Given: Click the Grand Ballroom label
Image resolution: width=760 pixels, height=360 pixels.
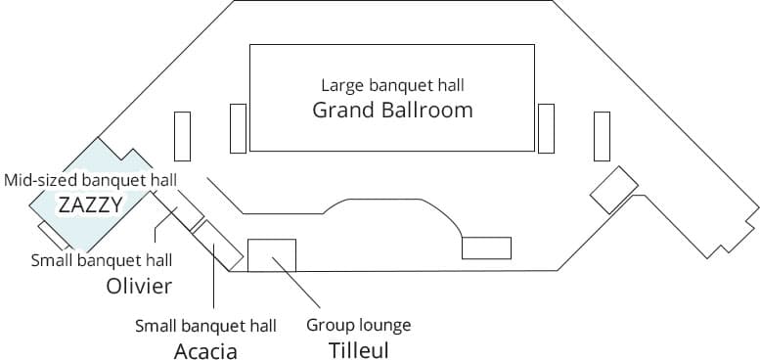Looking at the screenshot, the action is pyautogui.click(x=392, y=110).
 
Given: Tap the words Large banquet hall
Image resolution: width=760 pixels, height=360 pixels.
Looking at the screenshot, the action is pyautogui.click(x=391, y=85).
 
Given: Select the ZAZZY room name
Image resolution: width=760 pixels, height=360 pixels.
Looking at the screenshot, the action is pyautogui.click(x=90, y=204).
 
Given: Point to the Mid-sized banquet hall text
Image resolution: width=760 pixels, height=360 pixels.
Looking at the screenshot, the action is pyautogui.click(x=90, y=180).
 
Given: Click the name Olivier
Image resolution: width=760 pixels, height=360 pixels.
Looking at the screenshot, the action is pyautogui.click(x=139, y=286).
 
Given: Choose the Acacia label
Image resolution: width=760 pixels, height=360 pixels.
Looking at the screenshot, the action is pyautogui.click(x=205, y=350).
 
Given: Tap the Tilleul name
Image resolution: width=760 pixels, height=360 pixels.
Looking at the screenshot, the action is pyautogui.click(x=358, y=348).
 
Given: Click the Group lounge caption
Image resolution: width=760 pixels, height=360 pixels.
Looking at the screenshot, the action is pyautogui.click(x=358, y=325).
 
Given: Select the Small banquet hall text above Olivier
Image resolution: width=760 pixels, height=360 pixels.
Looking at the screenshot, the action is pyautogui.click(x=102, y=260).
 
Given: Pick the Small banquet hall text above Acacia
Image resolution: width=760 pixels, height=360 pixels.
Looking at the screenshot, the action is pyautogui.click(x=205, y=325).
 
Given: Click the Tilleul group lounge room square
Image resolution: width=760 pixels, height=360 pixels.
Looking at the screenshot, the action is pyautogui.click(x=272, y=254).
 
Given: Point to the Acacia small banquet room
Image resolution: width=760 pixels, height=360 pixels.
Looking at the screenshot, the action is pyautogui.click(x=218, y=244).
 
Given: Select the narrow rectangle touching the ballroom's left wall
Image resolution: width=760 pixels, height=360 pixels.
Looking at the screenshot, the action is pyautogui.click(x=238, y=128).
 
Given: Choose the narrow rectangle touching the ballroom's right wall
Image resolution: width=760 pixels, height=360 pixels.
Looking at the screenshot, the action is pyautogui.click(x=546, y=128).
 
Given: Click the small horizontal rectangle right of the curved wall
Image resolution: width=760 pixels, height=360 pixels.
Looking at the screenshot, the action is pyautogui.click(x=486, y=247).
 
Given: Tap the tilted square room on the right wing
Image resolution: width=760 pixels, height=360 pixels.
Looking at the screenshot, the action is pyautogui.click(x=614, y=189).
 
